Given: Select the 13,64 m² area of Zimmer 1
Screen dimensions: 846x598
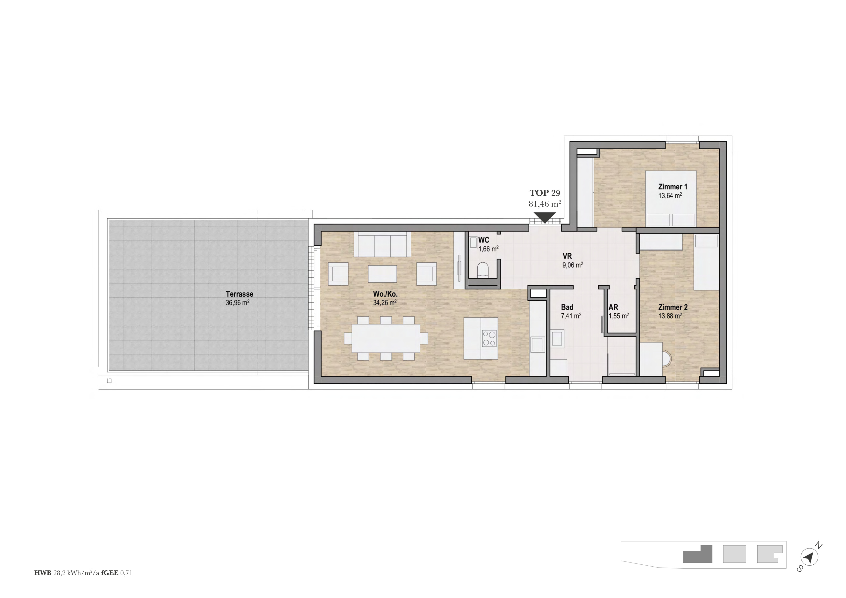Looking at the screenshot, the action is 670,195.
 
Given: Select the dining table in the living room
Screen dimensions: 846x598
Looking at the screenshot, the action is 386,338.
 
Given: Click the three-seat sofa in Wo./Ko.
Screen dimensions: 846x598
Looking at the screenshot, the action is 382,244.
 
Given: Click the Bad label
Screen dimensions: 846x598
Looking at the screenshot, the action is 567,307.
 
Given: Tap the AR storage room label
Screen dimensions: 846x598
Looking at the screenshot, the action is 613,307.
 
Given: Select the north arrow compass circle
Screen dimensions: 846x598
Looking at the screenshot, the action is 809,557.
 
